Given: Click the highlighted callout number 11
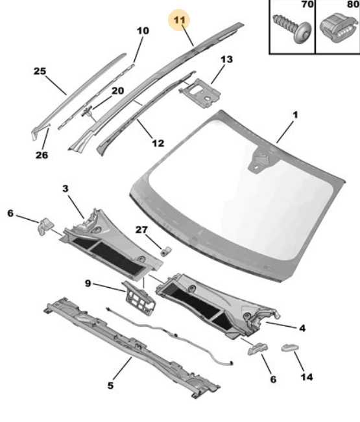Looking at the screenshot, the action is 180,20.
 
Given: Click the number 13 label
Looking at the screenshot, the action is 226,60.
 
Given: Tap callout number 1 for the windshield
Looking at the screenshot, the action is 295,115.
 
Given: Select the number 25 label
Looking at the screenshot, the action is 40,71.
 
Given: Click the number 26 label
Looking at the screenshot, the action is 42,155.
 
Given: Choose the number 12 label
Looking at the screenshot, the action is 158,143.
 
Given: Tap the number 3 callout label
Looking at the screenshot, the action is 66,189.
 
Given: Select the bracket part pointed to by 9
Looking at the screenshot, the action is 139,298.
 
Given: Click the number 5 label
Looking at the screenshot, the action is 110,386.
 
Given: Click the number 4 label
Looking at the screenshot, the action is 302,328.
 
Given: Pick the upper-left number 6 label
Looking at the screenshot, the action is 10,213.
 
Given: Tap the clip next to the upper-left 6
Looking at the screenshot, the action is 45,226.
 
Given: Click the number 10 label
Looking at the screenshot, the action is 143,30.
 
